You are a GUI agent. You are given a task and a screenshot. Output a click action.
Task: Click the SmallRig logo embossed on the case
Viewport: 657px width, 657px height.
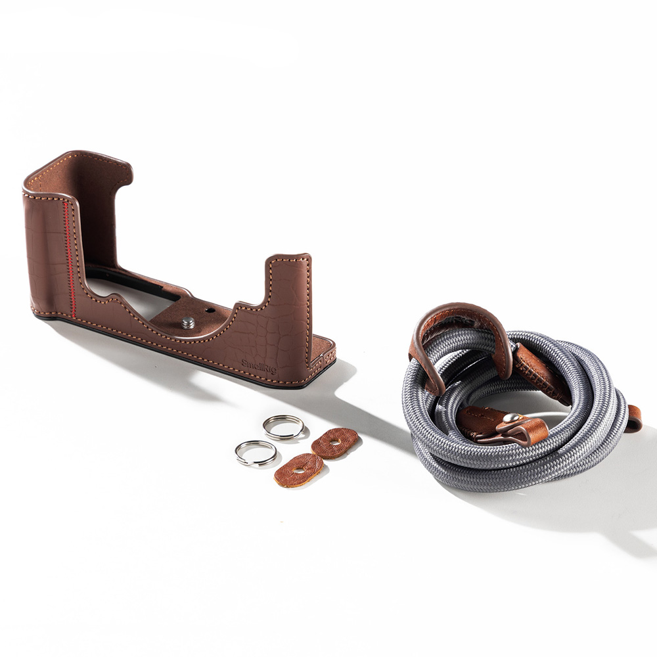259,366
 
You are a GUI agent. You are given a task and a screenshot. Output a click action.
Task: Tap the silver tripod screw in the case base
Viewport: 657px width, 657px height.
188,322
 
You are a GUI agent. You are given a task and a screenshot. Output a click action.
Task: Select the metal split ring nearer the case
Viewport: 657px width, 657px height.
284,428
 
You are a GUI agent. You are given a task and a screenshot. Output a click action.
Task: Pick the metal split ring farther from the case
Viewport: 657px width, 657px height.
256,453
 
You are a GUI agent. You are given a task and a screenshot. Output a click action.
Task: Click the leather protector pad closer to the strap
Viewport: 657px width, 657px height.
335,443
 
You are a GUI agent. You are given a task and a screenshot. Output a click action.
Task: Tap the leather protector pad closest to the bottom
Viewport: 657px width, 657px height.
299,470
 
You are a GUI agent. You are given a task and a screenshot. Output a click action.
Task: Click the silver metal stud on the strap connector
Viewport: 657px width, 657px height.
510,417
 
